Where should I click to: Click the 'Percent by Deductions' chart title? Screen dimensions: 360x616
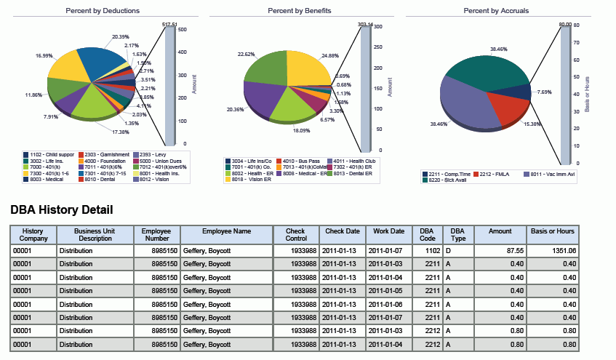coord(103,12)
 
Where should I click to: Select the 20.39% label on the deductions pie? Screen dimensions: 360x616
coord(121,36)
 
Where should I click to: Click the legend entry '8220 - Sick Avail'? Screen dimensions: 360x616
coord(446,180)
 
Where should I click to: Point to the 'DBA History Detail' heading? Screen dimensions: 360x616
coord(61,210)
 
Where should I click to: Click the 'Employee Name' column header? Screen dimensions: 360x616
coord(226,231)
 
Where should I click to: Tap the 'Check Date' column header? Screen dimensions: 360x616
coord(342,231)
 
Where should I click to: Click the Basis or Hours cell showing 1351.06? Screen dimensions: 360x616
coord(553,250)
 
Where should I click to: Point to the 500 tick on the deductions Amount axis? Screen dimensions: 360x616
coord(183,30)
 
